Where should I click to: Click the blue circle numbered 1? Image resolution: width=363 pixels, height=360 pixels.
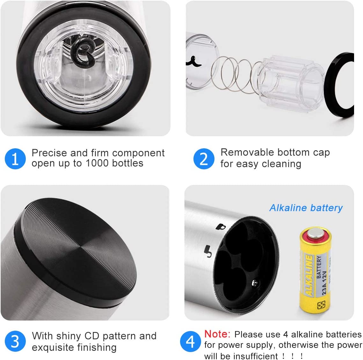(x=15, y=159)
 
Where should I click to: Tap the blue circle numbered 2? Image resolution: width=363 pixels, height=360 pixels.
(x=204, y=159)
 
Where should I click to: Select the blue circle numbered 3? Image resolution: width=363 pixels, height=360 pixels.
(x=15, y=341)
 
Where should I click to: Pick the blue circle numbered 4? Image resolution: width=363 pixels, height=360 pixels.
(x=190, y=342)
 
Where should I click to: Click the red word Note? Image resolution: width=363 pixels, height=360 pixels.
(x=217, y=334)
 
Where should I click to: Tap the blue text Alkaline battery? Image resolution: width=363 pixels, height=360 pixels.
(x=306, y=208)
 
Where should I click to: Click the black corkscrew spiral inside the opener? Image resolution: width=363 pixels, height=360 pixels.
(x=83, y=53)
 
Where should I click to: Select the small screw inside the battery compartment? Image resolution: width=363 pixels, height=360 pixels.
(x=254, y=282)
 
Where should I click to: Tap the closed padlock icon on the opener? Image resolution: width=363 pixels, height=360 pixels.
(x=220, y=227)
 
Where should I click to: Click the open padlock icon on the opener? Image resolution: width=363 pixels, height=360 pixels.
(x=208, y=251)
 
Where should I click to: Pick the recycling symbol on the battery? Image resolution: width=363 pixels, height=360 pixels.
(x=321, y=305)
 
